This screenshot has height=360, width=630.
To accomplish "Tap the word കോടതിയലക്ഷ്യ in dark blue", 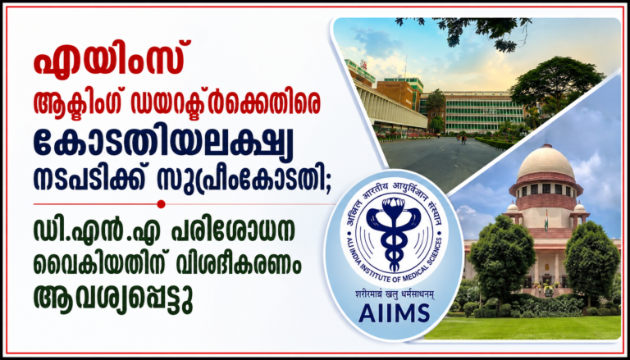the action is coord(163,144).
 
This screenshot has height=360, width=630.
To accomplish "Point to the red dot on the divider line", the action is coord(161,204).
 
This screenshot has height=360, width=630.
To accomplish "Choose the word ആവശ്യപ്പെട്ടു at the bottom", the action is coord(113,299).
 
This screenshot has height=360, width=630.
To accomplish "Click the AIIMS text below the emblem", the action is coord(389,312).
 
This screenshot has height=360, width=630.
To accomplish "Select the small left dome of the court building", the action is coord(512,207).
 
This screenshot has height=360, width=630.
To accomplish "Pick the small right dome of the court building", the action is coord(579,207).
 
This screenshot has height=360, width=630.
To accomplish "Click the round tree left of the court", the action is coord(501,257).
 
